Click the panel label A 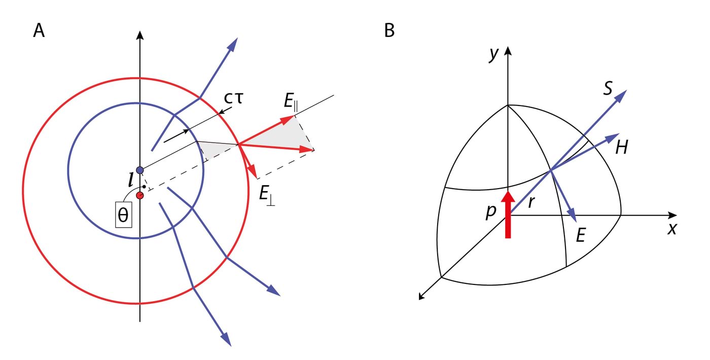pyautogui.click(x=39, y=31)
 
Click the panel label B pyautogui.click(x=389, y=31)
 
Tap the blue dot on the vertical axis pyautogui.click(x=140, y=170)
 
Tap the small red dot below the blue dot pyautogui.click(x=140, y=195)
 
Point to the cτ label pyautogui.click(x=234, y=98)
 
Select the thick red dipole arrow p pyautogui.click(x=508, y=213)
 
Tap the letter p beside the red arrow pyautogui.click(x=490, y=212)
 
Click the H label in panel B pyautogui.click(x=622, y=148)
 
